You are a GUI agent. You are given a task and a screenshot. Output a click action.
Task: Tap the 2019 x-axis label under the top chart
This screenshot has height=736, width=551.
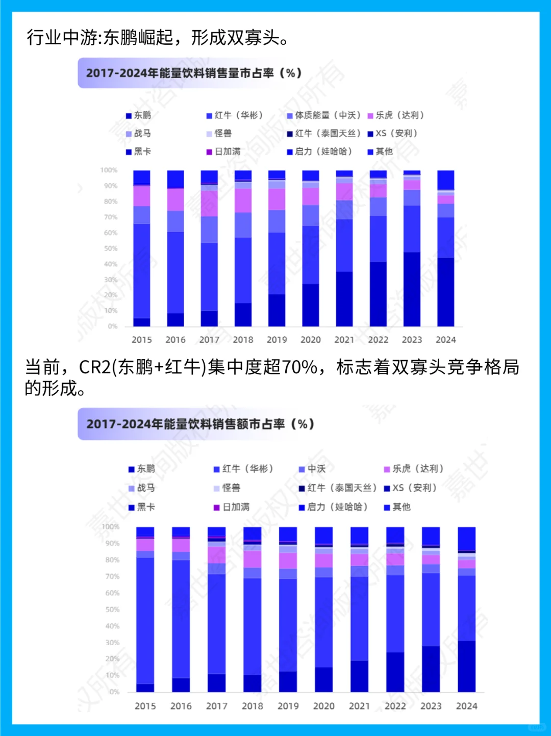tap(277, 340)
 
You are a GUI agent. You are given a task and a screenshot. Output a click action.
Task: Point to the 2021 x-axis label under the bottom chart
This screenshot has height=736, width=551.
tap(359, 706)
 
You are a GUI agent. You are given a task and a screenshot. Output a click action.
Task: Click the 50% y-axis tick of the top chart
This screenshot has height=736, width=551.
tap(111, 248)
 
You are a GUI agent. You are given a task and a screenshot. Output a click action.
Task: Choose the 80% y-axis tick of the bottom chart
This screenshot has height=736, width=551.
tap(112, 560)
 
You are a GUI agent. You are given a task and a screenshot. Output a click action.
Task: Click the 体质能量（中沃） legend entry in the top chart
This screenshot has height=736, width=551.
tap(327, 115)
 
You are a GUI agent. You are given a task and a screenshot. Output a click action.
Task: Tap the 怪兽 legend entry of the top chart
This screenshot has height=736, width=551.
tap(222, 134)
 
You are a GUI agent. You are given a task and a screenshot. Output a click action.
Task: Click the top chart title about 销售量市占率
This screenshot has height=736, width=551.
tap(194, 73)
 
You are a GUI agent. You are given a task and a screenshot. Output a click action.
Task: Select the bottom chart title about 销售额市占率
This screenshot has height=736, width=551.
tap(200, 424)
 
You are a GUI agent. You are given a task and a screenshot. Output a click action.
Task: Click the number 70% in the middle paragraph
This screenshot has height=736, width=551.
tap(299, 367)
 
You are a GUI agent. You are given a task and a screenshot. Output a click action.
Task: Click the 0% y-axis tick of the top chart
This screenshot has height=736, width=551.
tap(113, 326)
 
